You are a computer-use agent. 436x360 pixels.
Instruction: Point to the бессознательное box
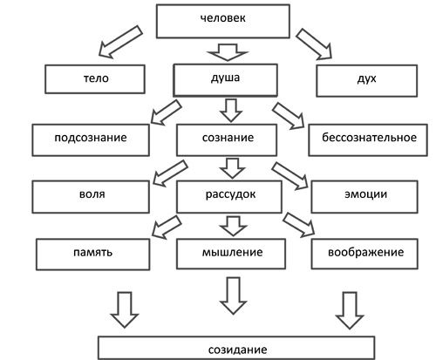(x=368, y=138)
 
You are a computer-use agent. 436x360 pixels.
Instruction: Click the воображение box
(x=365, y=253)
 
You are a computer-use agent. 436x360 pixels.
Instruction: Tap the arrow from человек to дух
(x=316, y=44)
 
